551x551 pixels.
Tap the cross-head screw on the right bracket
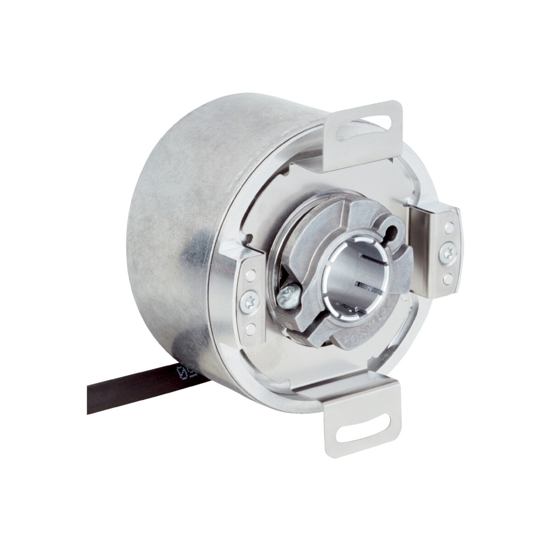[447, 252]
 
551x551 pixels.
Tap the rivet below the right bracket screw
[447, 277]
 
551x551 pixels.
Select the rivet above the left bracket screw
[249, 275]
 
